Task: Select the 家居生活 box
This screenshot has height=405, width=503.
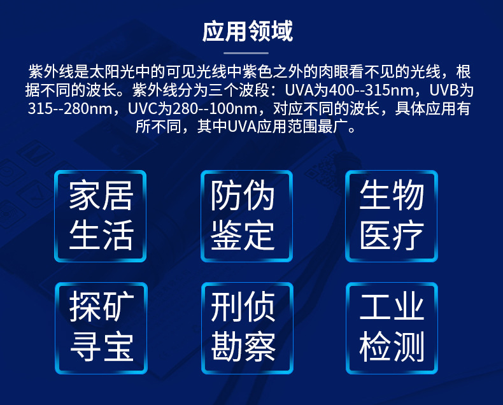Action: (101, 215)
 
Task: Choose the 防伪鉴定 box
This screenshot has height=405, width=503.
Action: (246, 215)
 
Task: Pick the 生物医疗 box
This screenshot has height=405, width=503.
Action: (392, 215)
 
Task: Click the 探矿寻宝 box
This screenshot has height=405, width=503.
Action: (101, 328)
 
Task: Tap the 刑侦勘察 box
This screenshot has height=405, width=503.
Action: (246, 328)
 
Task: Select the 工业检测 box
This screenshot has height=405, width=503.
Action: (392, 328)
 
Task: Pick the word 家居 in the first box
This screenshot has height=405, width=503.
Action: (101, 196)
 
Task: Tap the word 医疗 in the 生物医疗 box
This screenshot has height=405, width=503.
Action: (392, 236)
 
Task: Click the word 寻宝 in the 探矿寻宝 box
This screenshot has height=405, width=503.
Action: (101, 348)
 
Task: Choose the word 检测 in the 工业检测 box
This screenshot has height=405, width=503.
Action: (392, 348)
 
